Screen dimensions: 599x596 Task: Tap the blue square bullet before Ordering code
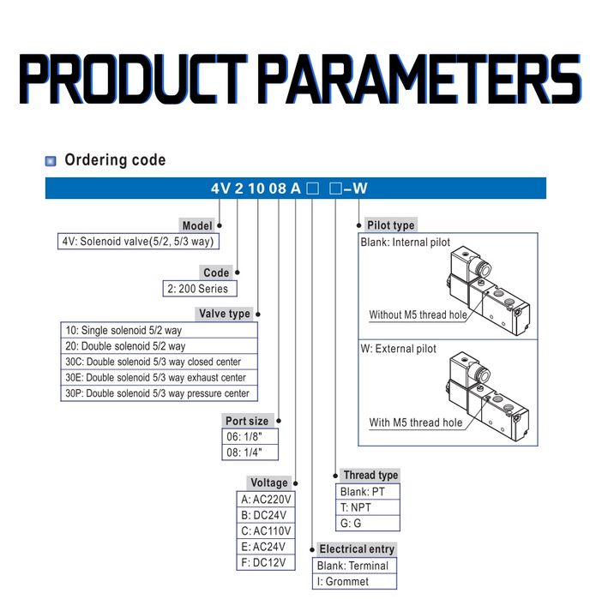(51, 160)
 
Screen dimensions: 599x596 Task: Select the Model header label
(197, 225)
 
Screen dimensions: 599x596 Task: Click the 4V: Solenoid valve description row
(136, 242)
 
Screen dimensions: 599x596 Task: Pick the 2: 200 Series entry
(200, 289)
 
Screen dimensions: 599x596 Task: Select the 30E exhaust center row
(155, 377)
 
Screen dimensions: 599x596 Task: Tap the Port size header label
(247, 421)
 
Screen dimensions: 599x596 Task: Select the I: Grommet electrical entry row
(343, 581)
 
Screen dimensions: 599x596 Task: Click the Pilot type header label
(390, 225)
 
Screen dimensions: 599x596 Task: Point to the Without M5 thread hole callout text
(418, 314)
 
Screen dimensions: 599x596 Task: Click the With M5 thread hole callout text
(415, 422)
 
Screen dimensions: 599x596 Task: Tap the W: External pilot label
(399, 349)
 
